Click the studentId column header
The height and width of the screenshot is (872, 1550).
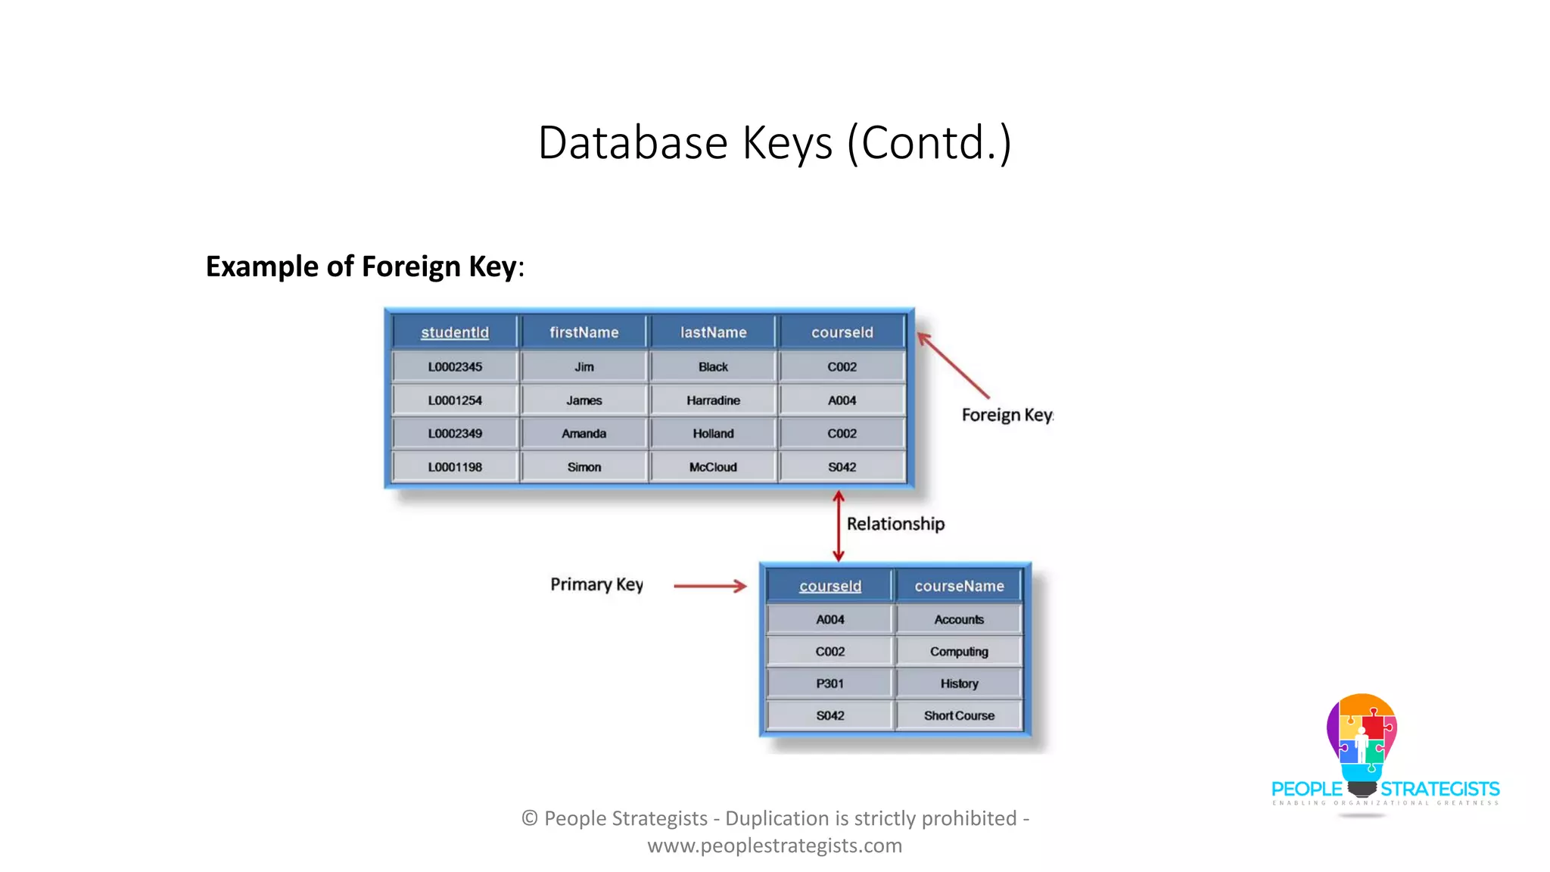point(455,332)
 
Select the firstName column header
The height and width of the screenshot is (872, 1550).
point(584,332)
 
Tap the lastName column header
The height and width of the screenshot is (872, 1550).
point(713,332)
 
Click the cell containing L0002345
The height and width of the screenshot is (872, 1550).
point(455,366)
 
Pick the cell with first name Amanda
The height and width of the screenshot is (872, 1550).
point(584,434)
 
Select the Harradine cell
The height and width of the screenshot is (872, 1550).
point(713,400)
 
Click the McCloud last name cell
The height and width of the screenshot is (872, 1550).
point(713,467)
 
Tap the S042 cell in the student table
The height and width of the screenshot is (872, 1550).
point(842,467)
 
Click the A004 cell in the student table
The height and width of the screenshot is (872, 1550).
point(842,400)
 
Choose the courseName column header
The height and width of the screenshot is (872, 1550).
point(959,586)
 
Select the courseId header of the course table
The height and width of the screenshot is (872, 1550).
point(830,586)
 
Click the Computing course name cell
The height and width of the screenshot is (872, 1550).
point(959,652)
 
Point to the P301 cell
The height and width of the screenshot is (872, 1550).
point(830,684)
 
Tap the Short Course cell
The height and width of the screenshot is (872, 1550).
point(959,715)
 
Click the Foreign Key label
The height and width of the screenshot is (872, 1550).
point(1007,415)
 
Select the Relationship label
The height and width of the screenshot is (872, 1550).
point(895,524)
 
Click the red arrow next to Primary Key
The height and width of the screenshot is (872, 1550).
point(709,586)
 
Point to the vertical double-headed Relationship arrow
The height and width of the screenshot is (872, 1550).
point(838,526)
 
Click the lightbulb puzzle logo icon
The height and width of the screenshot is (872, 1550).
point(1362,742)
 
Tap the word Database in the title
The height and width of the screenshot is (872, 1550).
point(633,142)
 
